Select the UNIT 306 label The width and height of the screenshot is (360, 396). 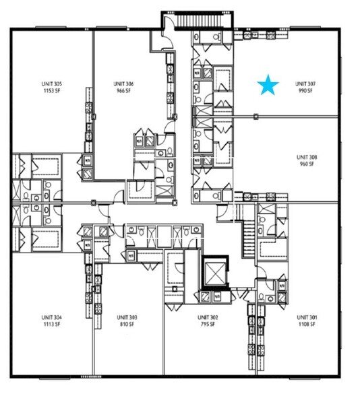pos(124,84)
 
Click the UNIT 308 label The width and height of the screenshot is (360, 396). pos(307,157)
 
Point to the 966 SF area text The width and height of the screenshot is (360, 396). pos(125,90)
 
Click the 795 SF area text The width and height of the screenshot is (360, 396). pos(207,323)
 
